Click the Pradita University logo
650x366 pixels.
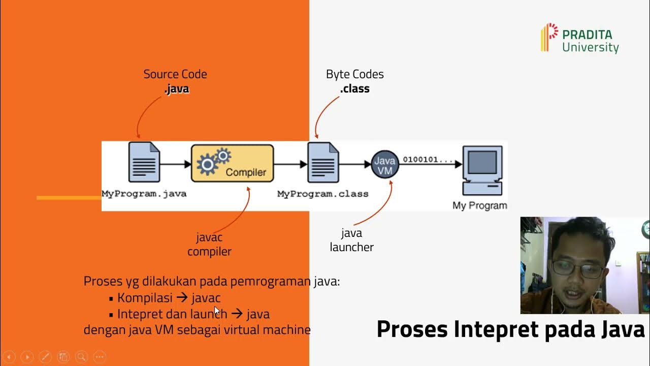[579, 38]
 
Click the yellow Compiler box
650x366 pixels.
[232, 163]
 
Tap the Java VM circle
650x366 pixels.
[384, 165]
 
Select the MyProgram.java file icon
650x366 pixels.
[144, 163]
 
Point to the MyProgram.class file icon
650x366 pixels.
[323, 163]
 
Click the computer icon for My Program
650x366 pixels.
[482, 170]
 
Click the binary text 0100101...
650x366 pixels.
[428, 160]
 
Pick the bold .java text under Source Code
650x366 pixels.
[176, 89]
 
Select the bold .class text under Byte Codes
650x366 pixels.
[354, 89]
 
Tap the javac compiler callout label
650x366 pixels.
[209, 245]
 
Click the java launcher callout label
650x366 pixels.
[351, 240]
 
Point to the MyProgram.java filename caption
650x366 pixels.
[144, 194]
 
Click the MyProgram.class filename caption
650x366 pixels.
[322, 194]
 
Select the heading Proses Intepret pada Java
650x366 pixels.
[510, 329]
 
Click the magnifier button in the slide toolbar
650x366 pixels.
[81, 357]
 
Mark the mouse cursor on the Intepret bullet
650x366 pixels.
[217, 311]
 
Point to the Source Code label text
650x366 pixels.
[175, 74]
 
